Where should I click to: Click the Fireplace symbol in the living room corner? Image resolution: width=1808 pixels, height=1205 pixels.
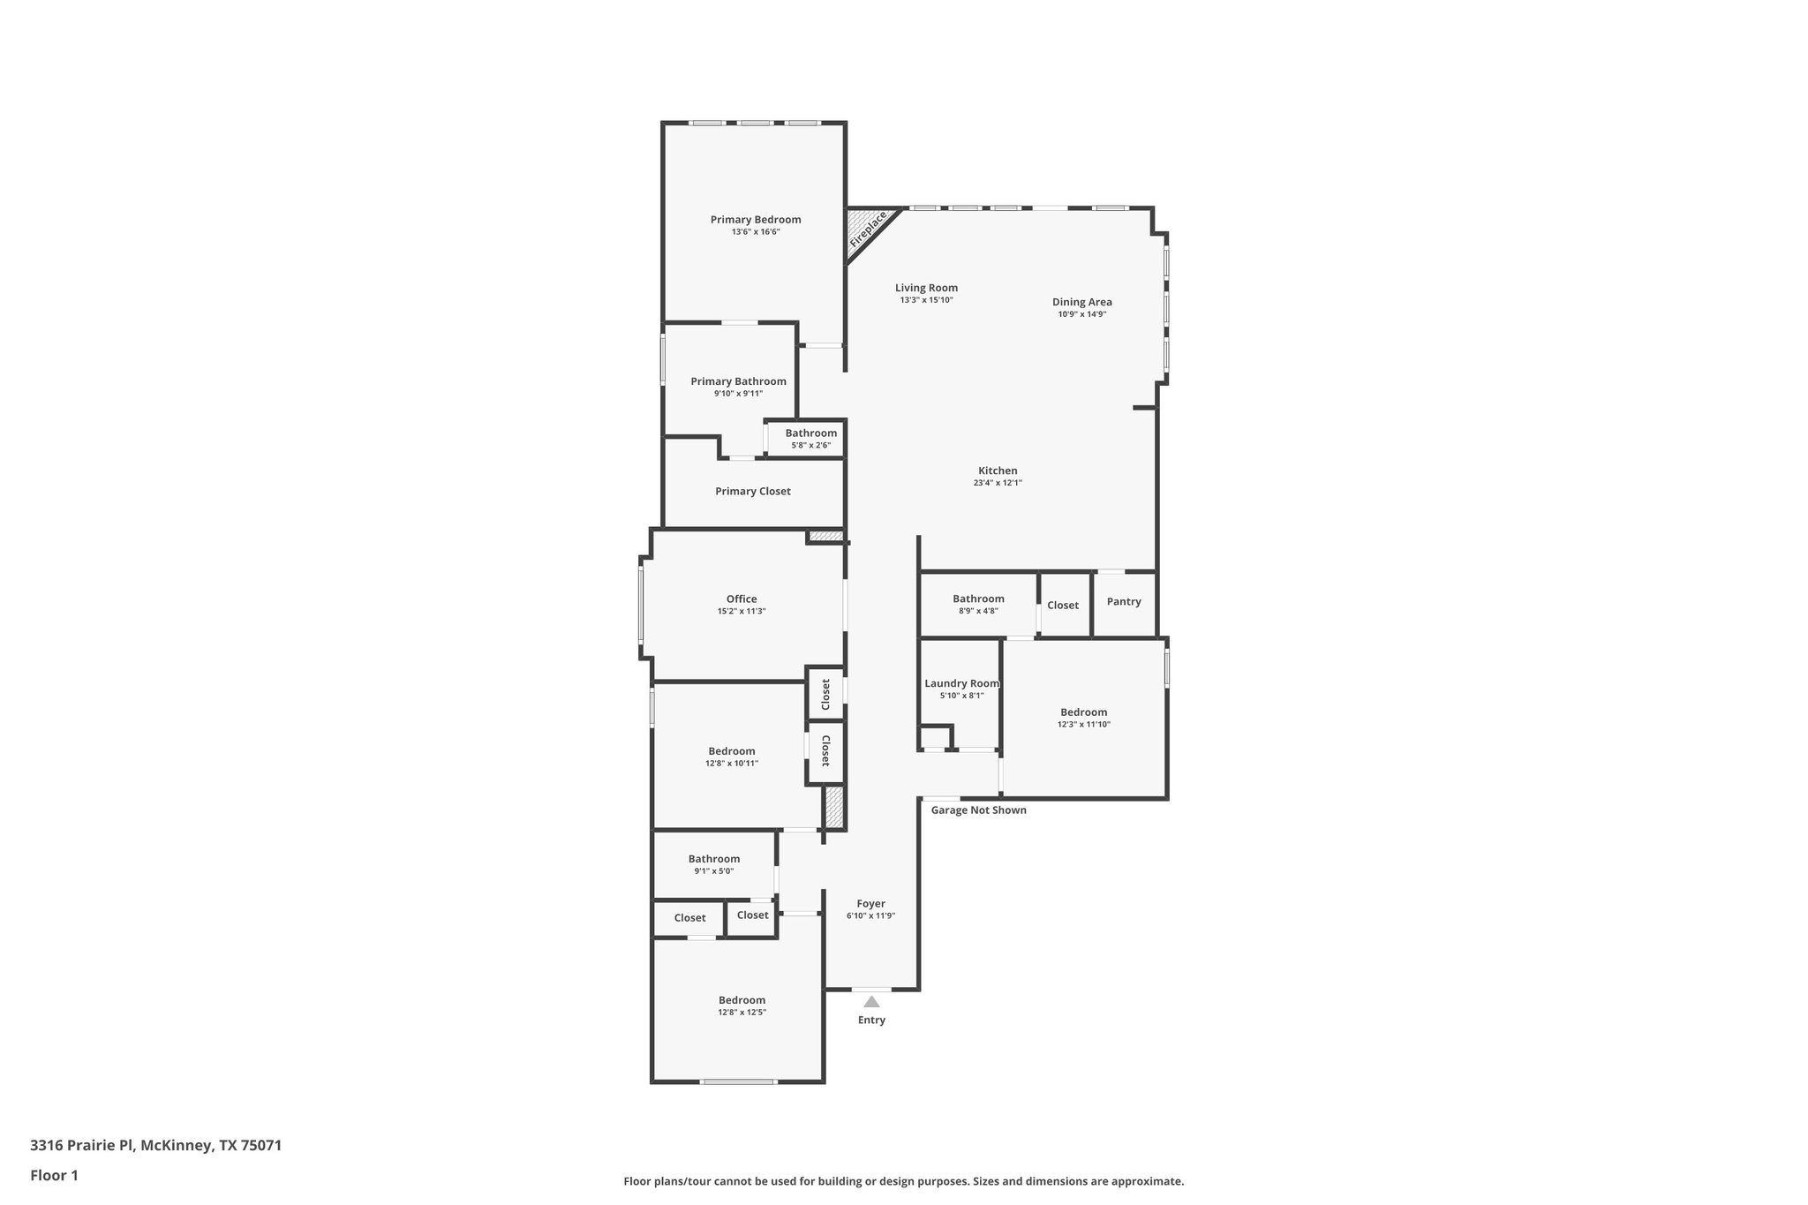click(x=867, y=230)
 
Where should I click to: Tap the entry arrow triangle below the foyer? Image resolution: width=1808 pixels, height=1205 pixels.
click(x=871, y=1001)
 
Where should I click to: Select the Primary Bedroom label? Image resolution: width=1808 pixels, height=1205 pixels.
click(x=756, y=220)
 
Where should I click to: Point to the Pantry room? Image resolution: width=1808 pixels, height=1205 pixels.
click(x=1124, y=602)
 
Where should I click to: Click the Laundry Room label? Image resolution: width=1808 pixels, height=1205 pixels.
click(x=961, y=683)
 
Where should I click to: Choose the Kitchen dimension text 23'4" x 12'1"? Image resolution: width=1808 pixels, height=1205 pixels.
click(x=998, y=483)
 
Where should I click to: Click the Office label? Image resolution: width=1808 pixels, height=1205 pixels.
click(x=742, y=599)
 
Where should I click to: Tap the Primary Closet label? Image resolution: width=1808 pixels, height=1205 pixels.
click(x=753, y=492)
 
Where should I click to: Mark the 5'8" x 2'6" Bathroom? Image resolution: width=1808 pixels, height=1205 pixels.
click(x=810, y=439)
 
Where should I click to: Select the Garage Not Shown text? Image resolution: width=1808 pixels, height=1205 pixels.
click(x=978, y=810)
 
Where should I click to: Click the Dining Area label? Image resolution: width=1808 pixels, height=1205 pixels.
click(x=1081, y=302)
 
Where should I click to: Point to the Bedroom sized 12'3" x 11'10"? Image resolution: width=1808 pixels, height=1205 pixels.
click(x=1083, y=718)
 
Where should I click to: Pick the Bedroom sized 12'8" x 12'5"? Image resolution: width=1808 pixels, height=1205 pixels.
click(x=742, y=1005)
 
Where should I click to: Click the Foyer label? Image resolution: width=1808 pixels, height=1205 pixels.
click(x=870, y=904)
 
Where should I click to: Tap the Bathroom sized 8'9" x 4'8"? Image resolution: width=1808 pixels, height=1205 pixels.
click(x=978, y=604)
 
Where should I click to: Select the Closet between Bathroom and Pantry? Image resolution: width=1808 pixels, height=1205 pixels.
click(x=1063, y=606)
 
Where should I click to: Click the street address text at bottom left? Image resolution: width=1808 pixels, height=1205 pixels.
click(x=156, y=1146)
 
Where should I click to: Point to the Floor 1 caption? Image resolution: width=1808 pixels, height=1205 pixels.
click(x=55, y=1176)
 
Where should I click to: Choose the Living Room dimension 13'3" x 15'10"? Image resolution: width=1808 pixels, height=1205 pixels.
click(x=926, y=300)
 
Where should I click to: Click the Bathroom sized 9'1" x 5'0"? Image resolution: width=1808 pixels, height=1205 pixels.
click(x=714, y=864)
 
